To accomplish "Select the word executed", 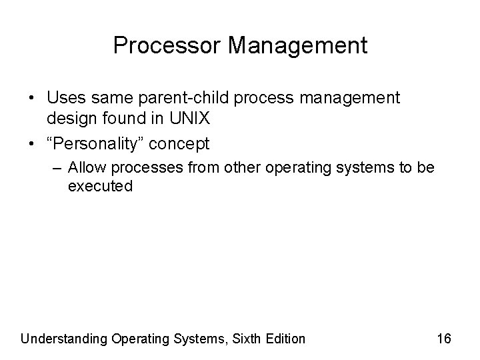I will (x=100, y=187).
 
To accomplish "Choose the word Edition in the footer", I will (x=285, y=339).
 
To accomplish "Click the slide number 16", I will (x=444, y=339).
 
